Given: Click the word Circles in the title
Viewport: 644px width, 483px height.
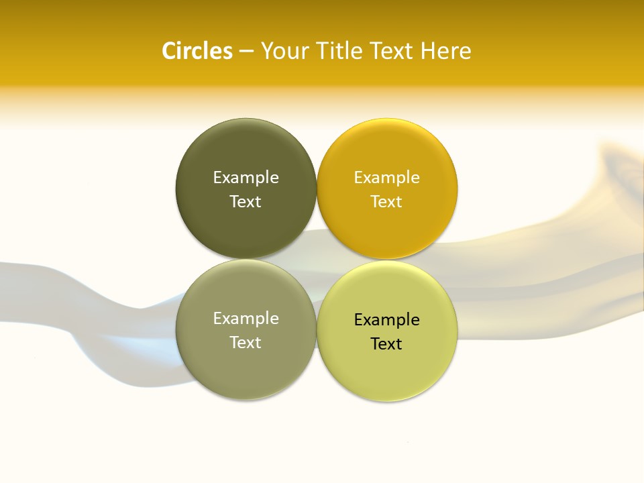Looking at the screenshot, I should [x=197, y=51].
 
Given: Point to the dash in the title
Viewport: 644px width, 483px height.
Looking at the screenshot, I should [x=246, y=52].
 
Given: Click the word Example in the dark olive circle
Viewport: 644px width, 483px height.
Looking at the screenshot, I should [x=246, y=178].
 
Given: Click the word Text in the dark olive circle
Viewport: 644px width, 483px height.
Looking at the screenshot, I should [x=246, y=202].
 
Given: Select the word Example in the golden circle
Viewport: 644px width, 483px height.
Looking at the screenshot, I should [x=386, y=178].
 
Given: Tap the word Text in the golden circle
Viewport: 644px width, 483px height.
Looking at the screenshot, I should [x=386, y=202].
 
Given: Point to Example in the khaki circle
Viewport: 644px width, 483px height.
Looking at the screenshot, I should [x=246, y=319].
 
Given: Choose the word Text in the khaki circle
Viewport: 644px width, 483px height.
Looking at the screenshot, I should [x=246, y=343].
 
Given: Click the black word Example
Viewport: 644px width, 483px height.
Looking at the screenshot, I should [x=386, y=320].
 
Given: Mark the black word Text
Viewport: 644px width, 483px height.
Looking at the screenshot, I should [x=386, y=344].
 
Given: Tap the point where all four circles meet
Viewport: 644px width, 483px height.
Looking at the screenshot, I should [x=317, y=259].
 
